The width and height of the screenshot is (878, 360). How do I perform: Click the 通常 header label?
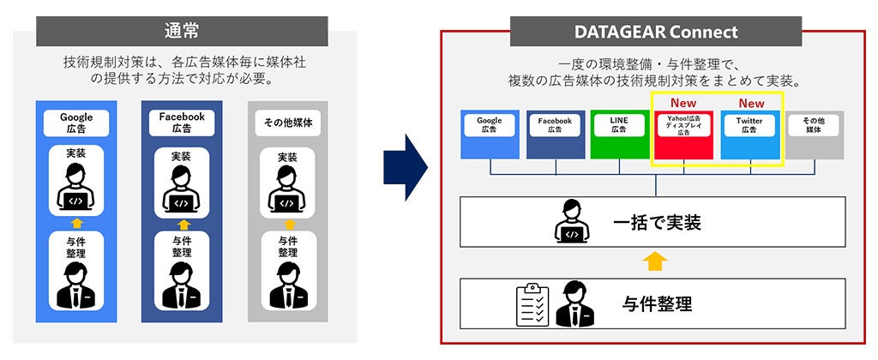pos(181,31)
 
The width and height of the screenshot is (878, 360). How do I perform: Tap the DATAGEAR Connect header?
pos(655,32)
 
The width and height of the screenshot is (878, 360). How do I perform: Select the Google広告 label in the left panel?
pos(75,123)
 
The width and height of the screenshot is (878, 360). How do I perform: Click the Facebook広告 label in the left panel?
pos(181,123)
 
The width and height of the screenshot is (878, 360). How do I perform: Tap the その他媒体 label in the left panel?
pos(287,123)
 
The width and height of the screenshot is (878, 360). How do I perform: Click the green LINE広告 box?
pos(619,135)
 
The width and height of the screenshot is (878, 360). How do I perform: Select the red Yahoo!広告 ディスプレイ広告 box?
pos(683,135)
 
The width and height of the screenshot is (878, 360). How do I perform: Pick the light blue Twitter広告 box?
pos(749,135)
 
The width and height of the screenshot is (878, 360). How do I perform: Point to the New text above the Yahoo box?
pos(683,103)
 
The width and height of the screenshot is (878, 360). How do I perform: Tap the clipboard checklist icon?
pos(532,304)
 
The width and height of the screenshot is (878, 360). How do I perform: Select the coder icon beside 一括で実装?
pos(572,222)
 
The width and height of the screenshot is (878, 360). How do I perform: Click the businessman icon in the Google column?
pos(75,287)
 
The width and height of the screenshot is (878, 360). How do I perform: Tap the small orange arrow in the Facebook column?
pos(181,224)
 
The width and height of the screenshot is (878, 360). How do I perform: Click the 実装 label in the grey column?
pos(287,158)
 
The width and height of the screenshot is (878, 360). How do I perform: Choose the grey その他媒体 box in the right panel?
pos(813,135)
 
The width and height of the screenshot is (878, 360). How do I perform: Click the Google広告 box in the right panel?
pos(490,135)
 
